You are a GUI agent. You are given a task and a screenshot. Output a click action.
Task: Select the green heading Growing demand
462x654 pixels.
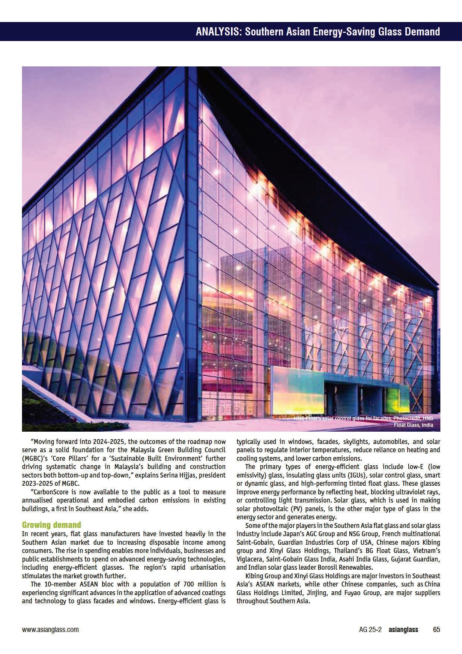tap(51, 525)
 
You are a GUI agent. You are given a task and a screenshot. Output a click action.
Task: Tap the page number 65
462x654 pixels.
tap(436, 629)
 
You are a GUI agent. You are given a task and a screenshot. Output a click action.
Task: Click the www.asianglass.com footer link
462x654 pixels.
tap(50, 629)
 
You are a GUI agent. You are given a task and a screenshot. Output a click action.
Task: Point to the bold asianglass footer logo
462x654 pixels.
tap(403, 629)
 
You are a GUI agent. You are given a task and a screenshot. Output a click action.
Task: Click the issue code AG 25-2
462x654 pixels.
tap(370, 629)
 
